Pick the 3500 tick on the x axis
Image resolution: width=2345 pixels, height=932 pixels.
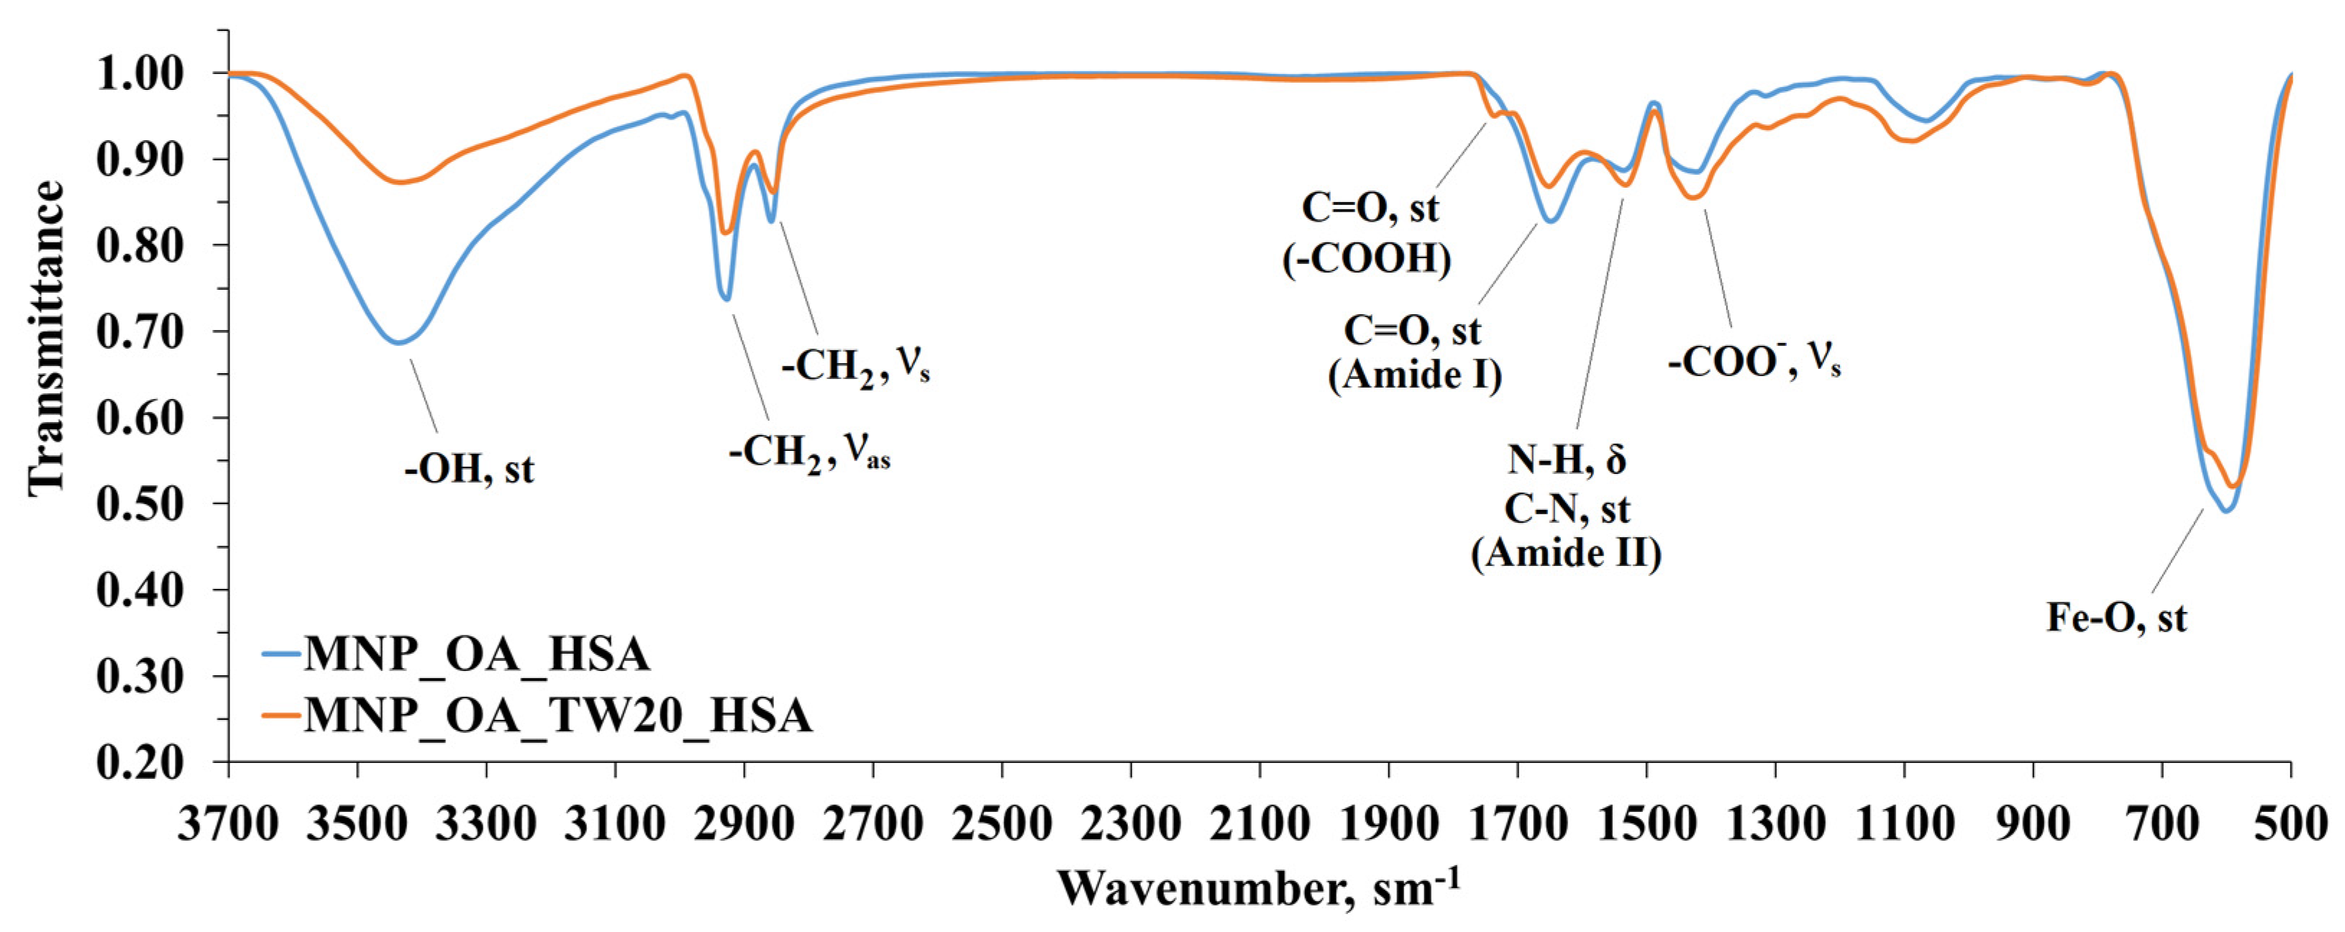click(358, 826)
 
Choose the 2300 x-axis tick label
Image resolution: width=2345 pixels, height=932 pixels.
click(1131, 826)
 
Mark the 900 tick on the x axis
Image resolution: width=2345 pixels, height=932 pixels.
click(2033, 826)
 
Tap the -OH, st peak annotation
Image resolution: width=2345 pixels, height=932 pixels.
click(470, 470)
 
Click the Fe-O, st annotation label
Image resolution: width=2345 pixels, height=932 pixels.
click(2116, 618)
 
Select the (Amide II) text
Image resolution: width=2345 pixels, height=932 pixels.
click(1566, 552)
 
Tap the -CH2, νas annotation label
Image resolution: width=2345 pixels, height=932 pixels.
click(809, 452)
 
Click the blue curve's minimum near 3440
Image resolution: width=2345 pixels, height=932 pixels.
click(398, 342)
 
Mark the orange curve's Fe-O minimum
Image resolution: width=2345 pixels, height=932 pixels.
click(2232, 486)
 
